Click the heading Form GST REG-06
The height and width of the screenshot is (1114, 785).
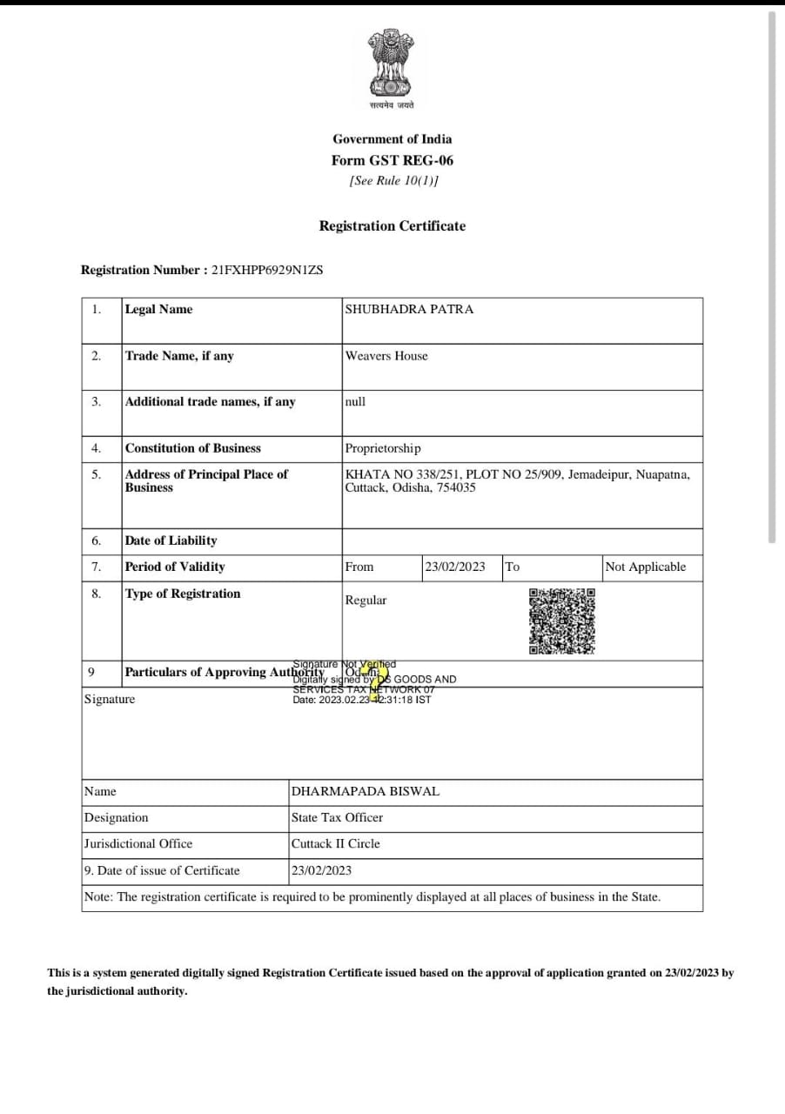[392, 160]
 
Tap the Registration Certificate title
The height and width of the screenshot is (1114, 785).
[392, 225]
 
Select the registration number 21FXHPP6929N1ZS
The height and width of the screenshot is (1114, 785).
[267, 270]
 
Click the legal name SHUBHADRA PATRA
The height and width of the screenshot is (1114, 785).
[409, 309]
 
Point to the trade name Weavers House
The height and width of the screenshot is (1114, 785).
[386, 355]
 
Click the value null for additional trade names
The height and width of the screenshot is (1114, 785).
[355, 401]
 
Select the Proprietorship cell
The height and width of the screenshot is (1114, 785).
[383, 448]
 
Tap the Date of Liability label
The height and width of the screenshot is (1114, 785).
[171, 540]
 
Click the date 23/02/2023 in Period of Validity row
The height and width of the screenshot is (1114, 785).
[454, 567]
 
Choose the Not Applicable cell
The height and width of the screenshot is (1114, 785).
[645, 567]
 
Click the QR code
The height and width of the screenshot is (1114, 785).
[562, 621]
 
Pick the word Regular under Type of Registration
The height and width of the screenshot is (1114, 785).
[366, 600]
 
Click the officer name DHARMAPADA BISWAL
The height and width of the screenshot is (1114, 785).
[365, 791]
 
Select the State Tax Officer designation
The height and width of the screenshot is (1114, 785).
[337, 817]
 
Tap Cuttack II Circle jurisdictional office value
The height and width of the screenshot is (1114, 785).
[335, 843]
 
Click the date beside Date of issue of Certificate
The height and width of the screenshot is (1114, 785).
[321, 870]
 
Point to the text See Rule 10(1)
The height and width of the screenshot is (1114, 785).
[393, 180]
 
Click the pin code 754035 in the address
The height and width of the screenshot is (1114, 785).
[458, 487]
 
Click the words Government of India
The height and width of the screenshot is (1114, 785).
[392, 138]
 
